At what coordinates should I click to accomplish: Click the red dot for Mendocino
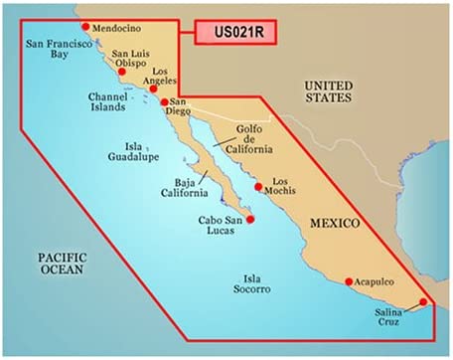click(85, 27)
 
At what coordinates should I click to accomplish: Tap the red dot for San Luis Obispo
click(122, 73)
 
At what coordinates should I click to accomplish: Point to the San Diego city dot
click(165, 101)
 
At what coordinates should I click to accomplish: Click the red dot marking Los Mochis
click(259, 186)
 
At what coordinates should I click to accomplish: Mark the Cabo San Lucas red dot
click(250, 219)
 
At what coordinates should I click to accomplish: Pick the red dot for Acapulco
click(349, 281)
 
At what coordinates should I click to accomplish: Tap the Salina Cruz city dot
click(424, 302)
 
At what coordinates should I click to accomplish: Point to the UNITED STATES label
click(331, 92)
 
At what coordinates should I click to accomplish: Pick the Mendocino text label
click(118, 29)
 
